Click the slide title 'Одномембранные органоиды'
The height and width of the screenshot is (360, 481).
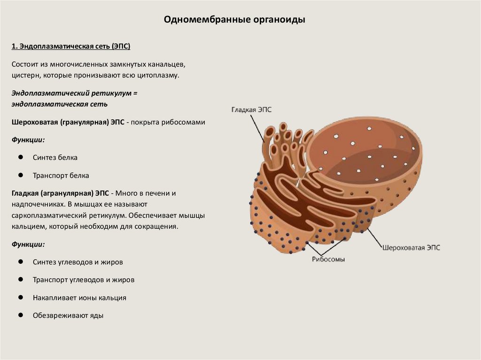(x=234, y=20)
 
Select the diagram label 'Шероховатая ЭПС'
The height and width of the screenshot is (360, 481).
(x=411, y=247)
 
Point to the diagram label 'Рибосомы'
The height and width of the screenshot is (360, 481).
(x=328, y=259)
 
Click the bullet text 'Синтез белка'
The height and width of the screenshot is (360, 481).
(x=55, y=158)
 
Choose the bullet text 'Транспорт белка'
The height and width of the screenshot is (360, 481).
(x=61, y=176)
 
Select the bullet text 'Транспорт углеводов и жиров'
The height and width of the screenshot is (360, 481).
(x=84, y=280)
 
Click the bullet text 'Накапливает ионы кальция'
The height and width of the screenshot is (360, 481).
(x=79, y=298)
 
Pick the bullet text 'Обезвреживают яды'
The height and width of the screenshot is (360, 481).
(x=68, y=315)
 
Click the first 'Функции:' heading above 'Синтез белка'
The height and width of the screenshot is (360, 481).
(x=28, y=140)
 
